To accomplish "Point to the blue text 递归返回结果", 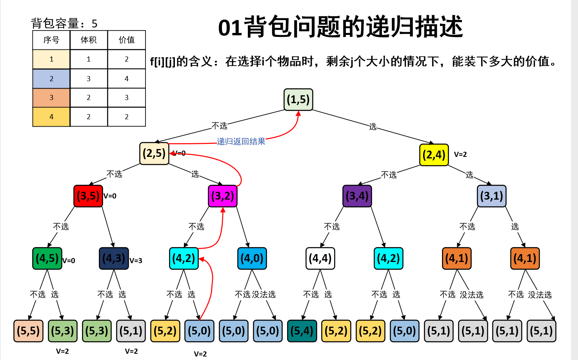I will pyautogui.click(x=241, y=142).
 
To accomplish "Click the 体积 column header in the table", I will pyautogui.click(x=89, y=40).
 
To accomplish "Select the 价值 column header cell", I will pyautogui.click(x=127, y=40).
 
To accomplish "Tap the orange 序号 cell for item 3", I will pyautogui.click(x=51, y=98).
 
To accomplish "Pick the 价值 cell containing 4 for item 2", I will pyautogui.click(x=127, y=79).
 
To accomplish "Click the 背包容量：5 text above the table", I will pyautogui.click(x=64, y=24).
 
